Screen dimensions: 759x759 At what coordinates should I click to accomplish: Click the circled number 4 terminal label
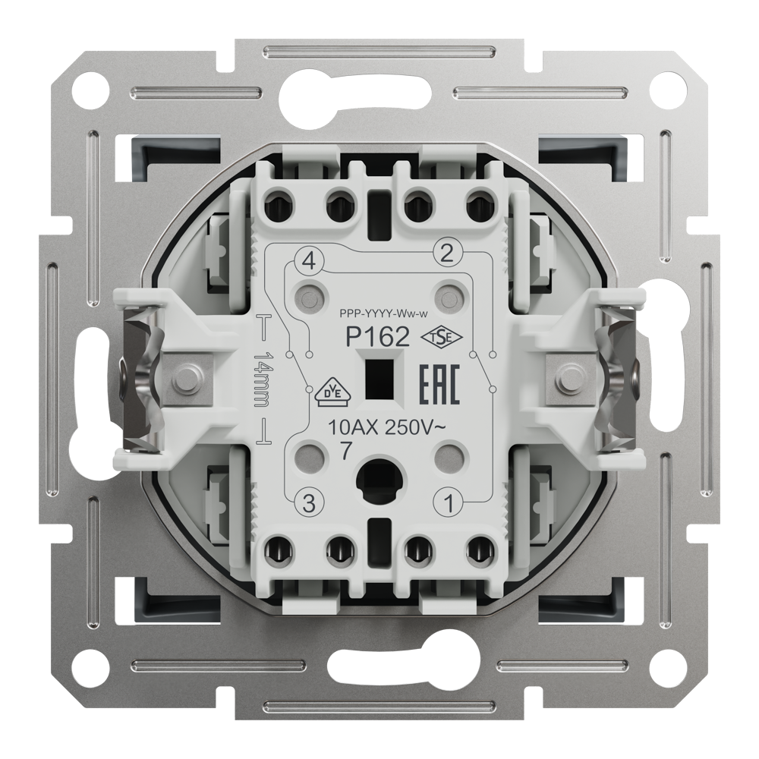[309, 261]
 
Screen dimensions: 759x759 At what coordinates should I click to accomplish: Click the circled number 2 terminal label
[447, 253]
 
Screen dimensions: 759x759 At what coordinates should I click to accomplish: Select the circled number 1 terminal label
[449, 504]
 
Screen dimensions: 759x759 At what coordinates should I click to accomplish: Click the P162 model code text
[376, 337]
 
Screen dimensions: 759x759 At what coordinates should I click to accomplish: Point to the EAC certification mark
[439, 385]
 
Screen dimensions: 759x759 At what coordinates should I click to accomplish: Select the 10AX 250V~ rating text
[386, 428]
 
